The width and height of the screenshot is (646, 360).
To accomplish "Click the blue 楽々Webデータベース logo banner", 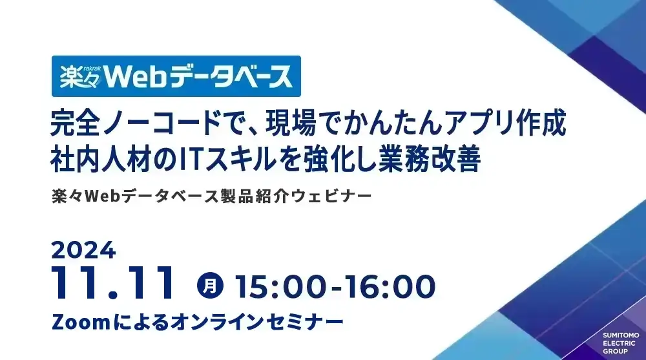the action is [x=176, y=76].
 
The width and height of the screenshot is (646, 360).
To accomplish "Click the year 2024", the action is [x=83, y=249].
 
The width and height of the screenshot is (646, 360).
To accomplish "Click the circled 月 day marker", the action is [x=210, y=285].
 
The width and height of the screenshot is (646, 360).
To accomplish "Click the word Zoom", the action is [x=81, y=322].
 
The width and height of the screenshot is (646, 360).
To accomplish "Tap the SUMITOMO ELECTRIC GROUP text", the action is [x=620, y=343].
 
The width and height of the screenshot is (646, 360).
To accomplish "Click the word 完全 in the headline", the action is [x=76, y=123].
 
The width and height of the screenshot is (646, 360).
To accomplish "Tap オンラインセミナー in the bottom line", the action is [x=256, y=322].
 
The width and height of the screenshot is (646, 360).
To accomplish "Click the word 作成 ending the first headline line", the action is [x=541, y=123].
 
